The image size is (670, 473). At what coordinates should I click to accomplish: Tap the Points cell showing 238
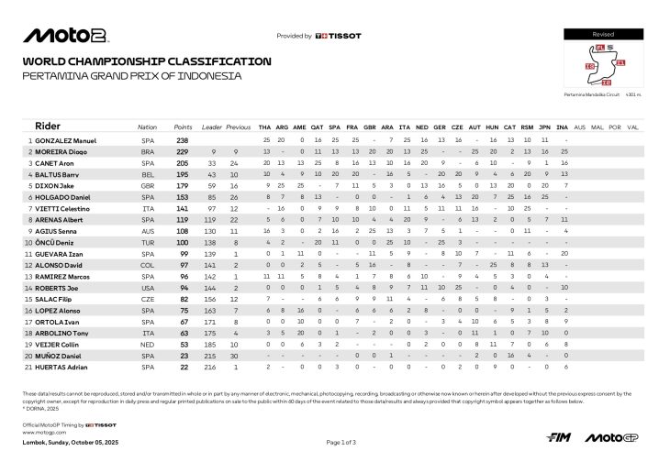(x=183, y=140)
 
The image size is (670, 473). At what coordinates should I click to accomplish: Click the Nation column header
(x=147, y=126)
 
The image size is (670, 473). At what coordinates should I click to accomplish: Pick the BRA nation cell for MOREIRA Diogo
(x=148, y=151)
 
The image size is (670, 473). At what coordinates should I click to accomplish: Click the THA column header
(x=265, y=126)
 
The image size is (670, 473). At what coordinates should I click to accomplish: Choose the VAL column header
(x=632, y=126)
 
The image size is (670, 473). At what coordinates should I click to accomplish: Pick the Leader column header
(x=212, y=126)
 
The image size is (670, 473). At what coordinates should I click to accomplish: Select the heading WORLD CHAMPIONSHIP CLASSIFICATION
(x=147, y=61)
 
